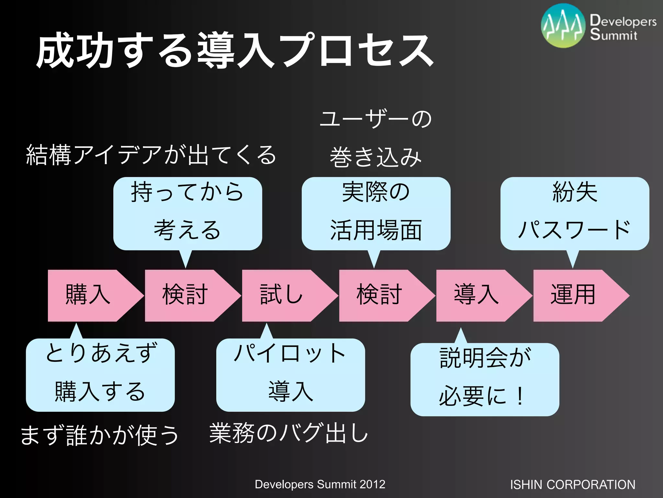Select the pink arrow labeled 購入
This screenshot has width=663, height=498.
(89, 295)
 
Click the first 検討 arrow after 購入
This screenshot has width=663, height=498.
(185, 295)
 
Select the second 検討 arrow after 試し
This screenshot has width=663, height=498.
(379, 295)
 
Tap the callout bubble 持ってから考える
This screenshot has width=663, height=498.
(187, 213)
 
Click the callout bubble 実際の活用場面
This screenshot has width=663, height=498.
(376, 213)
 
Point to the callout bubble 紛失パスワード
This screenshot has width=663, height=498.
(575, 213)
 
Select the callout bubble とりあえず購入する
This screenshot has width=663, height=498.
(100, 375)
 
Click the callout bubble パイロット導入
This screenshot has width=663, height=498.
(290, 375)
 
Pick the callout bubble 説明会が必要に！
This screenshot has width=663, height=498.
(485, 379)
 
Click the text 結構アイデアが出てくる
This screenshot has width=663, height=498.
(151, 155)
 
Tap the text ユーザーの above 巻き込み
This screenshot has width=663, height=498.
(376, 119)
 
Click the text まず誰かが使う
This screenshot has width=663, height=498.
(99, 435)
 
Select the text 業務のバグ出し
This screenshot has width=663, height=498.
(288, 433)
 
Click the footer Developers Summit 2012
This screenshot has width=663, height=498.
(320, 484)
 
